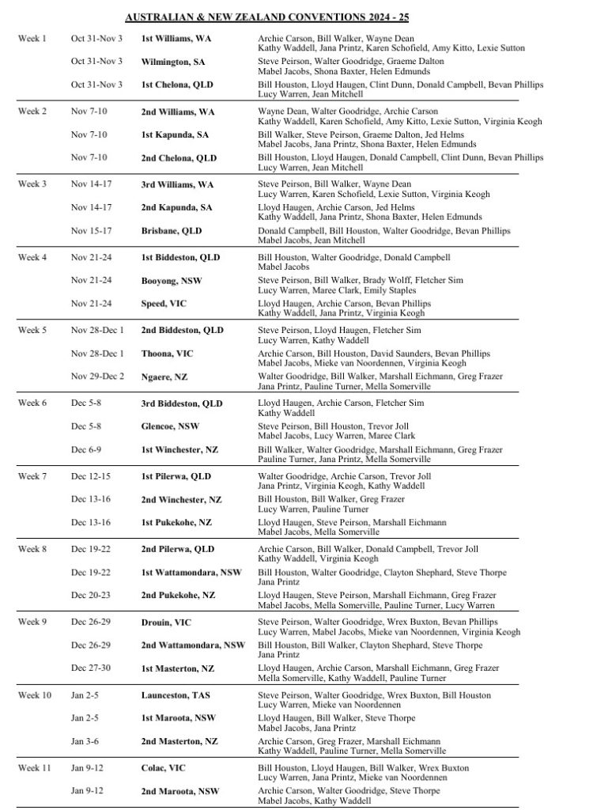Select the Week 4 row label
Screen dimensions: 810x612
click(32, 257)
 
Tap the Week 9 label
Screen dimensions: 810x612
click(32, 622)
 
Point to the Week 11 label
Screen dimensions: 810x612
click(34, 767)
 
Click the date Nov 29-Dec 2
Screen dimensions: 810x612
click(97, 377)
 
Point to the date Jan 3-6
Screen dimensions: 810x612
click(84, 740)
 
